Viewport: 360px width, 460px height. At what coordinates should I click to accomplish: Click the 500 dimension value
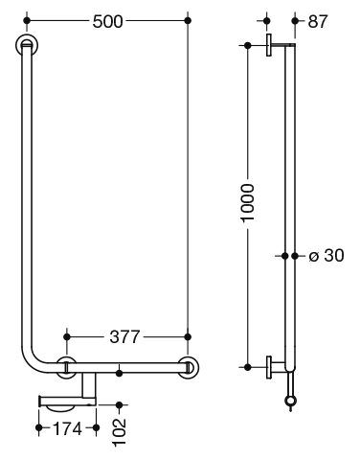click(107, 22)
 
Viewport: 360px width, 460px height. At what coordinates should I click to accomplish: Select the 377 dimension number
click(124, 336)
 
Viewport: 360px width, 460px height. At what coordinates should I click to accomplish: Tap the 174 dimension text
click(67, 428)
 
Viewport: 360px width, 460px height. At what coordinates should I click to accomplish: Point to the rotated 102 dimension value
click(120, 431)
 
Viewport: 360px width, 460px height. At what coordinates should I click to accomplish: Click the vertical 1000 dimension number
click(248, 202)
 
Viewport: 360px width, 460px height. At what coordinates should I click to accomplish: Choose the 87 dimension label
click(318, 22)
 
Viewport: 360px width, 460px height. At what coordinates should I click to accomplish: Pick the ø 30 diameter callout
click(326, 256)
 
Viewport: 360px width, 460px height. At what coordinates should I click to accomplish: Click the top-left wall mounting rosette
click(27, 45)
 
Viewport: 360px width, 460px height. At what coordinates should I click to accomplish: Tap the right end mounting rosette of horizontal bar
click(189, 367)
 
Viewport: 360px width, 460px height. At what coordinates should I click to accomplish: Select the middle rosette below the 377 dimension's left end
click(67, 367)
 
